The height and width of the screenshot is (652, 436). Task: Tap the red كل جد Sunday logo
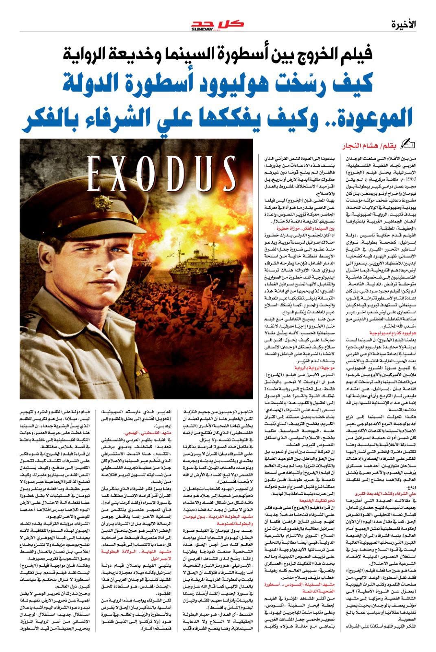pos(218,24)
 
